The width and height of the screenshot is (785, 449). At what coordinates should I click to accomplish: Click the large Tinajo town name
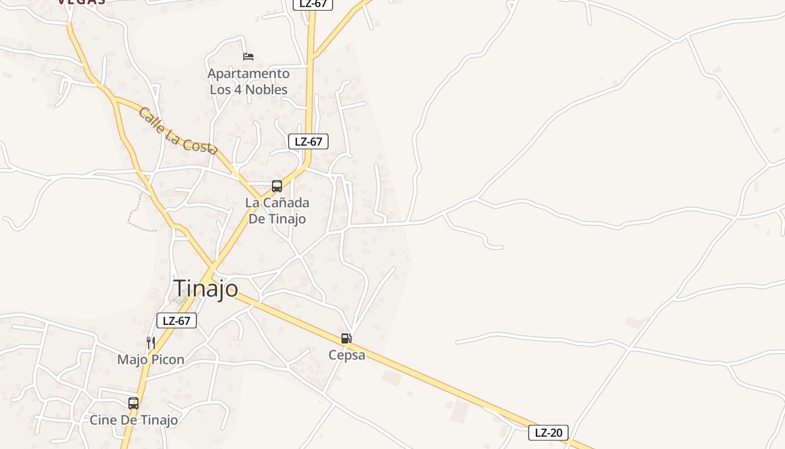click(206, 288)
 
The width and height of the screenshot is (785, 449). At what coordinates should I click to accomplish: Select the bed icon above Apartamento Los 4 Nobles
click(248, 56)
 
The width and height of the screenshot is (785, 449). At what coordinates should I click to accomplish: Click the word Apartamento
click(248, 74)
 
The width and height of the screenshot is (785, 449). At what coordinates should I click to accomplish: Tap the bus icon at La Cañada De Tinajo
click(277, 186)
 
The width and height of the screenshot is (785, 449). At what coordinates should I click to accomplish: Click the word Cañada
click(286, 203)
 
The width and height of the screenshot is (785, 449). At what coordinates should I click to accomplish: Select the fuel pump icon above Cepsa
click(347, 338)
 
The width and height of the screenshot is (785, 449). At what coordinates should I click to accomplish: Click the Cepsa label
click(347, 355)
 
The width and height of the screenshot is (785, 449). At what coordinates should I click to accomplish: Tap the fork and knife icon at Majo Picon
click(150, 342)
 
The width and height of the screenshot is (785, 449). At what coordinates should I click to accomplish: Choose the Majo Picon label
click(150, 359)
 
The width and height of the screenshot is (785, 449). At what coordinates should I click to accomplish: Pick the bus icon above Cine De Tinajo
click(133, 403)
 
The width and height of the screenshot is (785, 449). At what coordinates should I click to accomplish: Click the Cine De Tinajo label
click(133, 420)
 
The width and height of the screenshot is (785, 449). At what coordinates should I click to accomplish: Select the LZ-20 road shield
click(548, 433)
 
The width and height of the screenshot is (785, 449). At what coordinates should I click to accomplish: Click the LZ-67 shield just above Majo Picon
click(177, 321)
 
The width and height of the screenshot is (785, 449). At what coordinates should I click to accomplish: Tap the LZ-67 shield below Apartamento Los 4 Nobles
click(308, 141)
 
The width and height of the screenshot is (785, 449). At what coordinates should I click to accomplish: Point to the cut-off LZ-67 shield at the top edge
click(313, 4)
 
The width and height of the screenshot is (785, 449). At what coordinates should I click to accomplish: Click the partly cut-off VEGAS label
click(81, 2)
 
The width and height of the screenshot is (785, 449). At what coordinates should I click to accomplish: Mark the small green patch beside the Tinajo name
click(181, 299)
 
